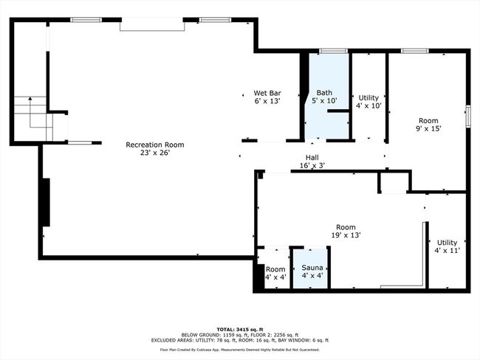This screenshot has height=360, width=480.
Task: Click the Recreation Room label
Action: [155, 149]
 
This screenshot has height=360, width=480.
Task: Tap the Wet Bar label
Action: [267, 97]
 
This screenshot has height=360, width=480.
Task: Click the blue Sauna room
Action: [312, 269]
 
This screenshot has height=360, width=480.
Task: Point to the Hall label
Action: [312, 162]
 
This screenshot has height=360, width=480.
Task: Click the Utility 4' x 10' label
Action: [368, 102]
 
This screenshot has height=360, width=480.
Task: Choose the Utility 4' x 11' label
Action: [447, 246]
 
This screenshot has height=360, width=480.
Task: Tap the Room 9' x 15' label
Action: [428, 125]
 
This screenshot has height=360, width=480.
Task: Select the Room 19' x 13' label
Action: [346, 231]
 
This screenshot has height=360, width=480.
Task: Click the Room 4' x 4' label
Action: [275, 273]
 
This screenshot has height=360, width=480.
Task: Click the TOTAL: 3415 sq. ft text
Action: [240, 330]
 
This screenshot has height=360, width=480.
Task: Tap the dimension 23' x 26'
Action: [155, 153]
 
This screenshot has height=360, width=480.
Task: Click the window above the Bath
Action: [333, 51]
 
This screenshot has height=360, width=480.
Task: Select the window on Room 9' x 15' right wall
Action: [468, 116]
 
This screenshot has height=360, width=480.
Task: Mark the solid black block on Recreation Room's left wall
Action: [46, 202]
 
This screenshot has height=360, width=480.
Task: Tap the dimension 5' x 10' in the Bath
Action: [324, 100]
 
